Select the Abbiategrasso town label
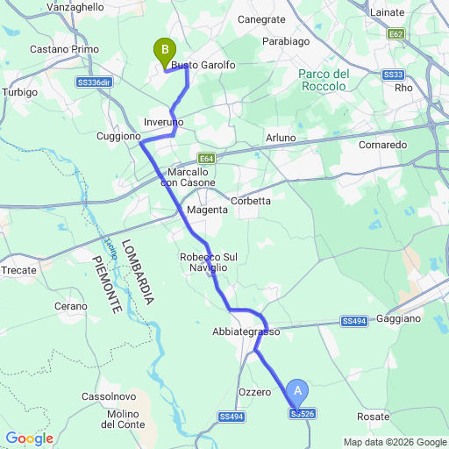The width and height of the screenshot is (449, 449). pos(246,332)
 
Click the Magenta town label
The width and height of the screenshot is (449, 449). pos(208,210)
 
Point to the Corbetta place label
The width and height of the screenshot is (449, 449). pos(251,201)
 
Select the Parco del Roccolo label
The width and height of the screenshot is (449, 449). pos(325,80)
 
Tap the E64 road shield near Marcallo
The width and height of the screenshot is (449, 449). pos(206,158)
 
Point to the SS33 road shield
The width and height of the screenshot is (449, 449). pos(394,75)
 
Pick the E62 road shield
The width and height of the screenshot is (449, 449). pos(396,33)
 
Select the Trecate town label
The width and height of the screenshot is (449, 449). pos(18,270)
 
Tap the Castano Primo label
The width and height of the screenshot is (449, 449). pos(64,49)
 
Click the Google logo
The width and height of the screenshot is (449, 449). pos(29,438)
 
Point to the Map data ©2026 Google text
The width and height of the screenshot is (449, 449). pos(394,442)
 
